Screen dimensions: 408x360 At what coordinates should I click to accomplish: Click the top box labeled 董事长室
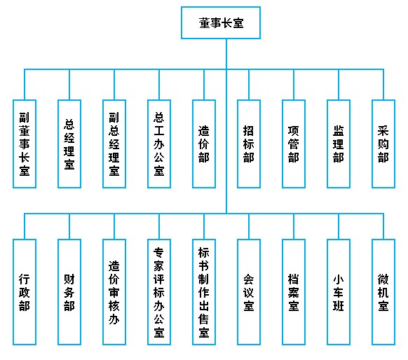coord(221,23)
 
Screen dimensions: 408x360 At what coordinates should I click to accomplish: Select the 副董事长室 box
coord(25,144)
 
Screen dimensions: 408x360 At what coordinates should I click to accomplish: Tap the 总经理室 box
coord(69,144)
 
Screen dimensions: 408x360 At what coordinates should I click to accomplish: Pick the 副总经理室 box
coord(114,144)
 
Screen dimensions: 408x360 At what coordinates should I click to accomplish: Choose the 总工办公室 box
coord(159,144)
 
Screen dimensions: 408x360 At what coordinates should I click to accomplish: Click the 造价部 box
coord(204,144)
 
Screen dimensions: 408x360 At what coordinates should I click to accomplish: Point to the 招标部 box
coord(249,144)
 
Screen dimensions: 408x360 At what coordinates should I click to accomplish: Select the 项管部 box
coord(294,144)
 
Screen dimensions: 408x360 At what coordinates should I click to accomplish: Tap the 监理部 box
coord(339,144)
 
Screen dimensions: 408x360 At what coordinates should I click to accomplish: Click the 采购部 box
coord(383,144)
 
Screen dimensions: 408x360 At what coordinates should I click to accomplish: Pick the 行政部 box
coord(25,292)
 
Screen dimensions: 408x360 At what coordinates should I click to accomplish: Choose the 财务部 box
coord(69,292)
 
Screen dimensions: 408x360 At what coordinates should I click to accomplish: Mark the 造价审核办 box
coord(114,292)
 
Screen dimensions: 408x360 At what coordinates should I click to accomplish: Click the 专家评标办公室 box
coord(159,292)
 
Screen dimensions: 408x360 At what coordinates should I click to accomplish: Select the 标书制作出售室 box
coord(204,292)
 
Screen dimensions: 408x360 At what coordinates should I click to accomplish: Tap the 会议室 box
coord(249,292)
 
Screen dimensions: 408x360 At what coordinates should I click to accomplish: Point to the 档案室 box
coord(294,292)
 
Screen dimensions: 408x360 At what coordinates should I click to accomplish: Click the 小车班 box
coord(339,292)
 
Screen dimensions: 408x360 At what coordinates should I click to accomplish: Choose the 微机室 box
coord(383,292)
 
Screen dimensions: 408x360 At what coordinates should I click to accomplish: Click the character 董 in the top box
coord(205,23)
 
